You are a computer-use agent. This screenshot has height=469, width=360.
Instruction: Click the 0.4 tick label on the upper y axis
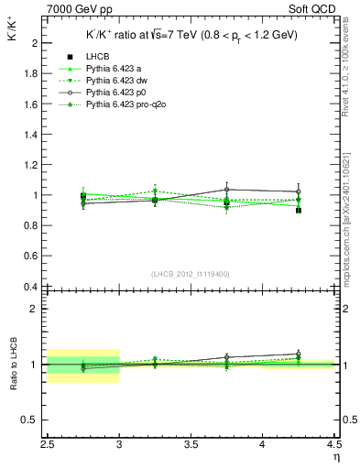point(30,287)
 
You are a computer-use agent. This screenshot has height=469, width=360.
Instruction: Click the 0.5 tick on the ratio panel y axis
point(30,420)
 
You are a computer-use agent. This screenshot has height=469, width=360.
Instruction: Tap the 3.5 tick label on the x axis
point(191,446)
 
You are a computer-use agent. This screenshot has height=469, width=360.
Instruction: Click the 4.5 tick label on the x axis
point(333,446)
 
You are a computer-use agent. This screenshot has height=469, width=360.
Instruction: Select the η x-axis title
point(335,458)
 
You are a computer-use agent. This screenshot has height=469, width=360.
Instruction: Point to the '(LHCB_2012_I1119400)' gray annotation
point(191,274)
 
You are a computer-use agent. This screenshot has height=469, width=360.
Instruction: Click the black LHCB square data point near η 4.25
point(299,210)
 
